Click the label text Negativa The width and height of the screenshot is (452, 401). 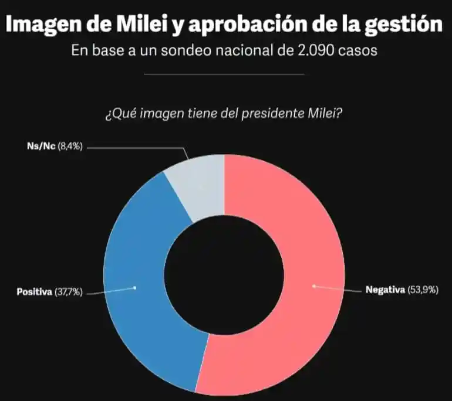point(385,290)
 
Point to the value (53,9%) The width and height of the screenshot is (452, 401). point(423,290)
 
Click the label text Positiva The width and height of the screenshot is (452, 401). point(34,291)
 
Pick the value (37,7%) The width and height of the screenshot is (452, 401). point(69,291)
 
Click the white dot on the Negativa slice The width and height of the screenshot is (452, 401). point(314,286)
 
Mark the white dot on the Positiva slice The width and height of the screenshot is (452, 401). point(136,287)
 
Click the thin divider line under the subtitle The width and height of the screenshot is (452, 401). point(224,74)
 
